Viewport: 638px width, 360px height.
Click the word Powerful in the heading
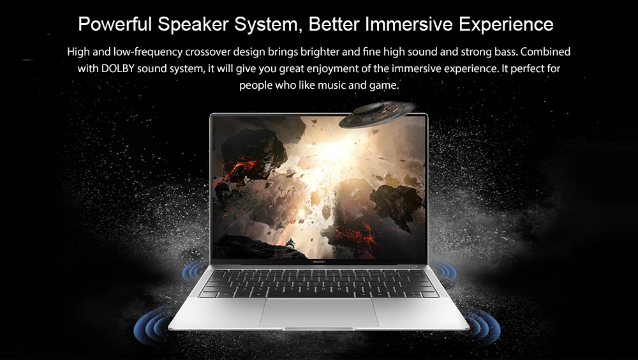coord(115,24)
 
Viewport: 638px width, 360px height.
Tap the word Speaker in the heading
coord(193,25)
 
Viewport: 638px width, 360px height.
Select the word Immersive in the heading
coord(409,24)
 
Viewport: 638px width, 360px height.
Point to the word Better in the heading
coord(334,24)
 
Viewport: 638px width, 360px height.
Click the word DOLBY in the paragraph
coord(117,68)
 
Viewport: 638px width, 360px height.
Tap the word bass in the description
coord(505,52)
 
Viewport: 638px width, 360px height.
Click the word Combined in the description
coord(545,52)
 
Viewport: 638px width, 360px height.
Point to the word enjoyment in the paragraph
coord(332,69)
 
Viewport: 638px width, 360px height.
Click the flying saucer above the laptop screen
coord(377,114)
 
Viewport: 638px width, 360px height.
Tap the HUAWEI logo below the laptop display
coord(319,262)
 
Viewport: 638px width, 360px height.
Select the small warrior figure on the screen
coord(290,244)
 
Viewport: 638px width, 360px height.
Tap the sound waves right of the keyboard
coord(444,271)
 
